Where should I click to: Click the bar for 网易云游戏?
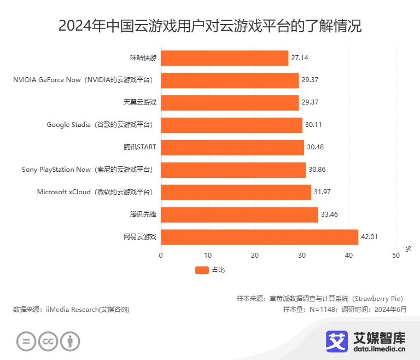coord(259,237)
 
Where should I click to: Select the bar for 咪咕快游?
coord(224,58)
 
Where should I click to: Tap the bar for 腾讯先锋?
coord(240,214)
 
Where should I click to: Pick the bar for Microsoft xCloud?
coord(236,192)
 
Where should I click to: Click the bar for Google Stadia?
coord(231,125)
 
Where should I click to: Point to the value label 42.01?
coord(369,237)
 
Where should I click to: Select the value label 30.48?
coord(315,147)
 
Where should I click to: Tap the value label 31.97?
coord(322,192)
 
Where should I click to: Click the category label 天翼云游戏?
coord(140,102)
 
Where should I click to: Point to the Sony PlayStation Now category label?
coord(87,170)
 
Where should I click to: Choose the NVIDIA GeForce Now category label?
coord(83,80)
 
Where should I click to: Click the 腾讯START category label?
coord(140,147)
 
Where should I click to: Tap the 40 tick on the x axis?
coord(349,256)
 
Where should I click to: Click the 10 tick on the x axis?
coord(208,256)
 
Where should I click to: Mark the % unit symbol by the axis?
coord(408,249)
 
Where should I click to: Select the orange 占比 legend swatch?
coord(202,270)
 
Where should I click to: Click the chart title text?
coord(210,26)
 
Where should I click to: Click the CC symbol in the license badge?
coord(48,342)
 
